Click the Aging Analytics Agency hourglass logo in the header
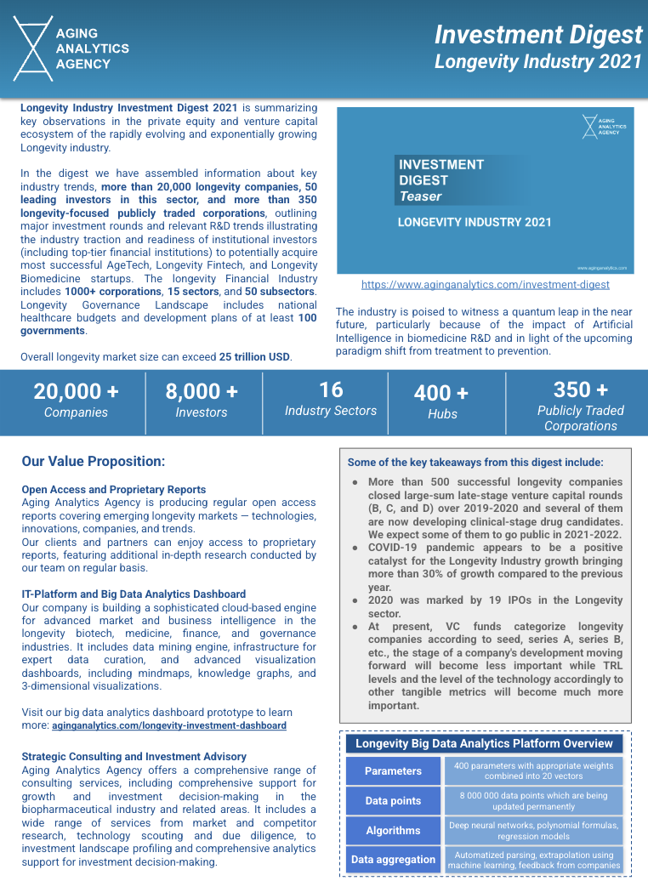34,48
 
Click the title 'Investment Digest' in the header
537,35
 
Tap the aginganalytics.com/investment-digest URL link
485,285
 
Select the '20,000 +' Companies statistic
77,392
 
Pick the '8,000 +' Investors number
202,392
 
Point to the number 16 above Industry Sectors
331,390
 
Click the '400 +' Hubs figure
441,394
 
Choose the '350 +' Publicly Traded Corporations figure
580,390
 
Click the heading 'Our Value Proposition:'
94,462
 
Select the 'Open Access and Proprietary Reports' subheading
113,490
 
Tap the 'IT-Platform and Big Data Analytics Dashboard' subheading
134,594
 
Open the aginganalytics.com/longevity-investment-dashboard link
168,725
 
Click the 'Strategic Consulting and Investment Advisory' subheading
134,756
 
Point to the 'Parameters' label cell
393,771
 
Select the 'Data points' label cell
393,800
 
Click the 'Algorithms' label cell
393,830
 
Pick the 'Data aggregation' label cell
393,859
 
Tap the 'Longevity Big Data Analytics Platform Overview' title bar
484,743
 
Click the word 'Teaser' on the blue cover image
421,196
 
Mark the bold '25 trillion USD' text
255,357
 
